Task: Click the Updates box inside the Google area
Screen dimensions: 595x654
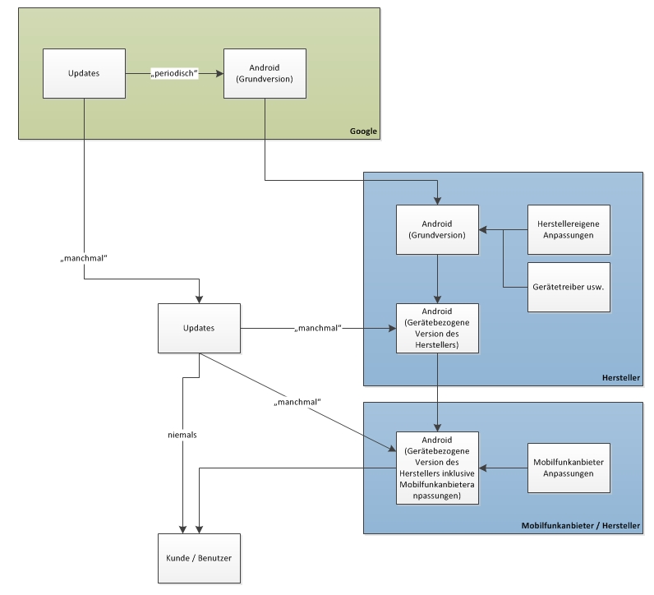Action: (x=84, y=74)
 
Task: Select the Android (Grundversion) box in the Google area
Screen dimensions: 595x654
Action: (x=265, y=74)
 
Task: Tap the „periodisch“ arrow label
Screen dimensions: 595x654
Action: (x=175, y=74)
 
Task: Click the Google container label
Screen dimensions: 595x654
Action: (x=363, y=131)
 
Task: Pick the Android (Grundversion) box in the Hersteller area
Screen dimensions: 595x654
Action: (x=437, y=229)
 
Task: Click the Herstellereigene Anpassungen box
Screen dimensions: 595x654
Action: (x=569, y=229)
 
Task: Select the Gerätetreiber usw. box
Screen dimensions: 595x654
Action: (x=569, y=287)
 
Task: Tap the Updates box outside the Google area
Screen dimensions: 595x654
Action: (x=199, y=328)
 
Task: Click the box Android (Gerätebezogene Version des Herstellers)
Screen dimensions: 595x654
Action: (x=437, y=328)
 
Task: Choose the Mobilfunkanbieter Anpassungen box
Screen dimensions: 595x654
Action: (x=569, y=468)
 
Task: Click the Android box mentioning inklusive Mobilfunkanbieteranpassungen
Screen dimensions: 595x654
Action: (x=437, y=468)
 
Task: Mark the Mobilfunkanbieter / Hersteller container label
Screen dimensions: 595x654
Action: (x=581, y=526)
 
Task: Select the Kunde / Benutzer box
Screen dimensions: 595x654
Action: (x=199, y=558)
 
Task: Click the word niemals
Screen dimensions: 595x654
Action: (x=182, y=434)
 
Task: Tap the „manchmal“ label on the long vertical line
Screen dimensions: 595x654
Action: (x=85, y=258)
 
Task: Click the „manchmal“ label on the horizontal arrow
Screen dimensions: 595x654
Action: (x=318, y=329)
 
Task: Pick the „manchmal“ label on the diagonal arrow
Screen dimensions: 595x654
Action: (x=297, y=402)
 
